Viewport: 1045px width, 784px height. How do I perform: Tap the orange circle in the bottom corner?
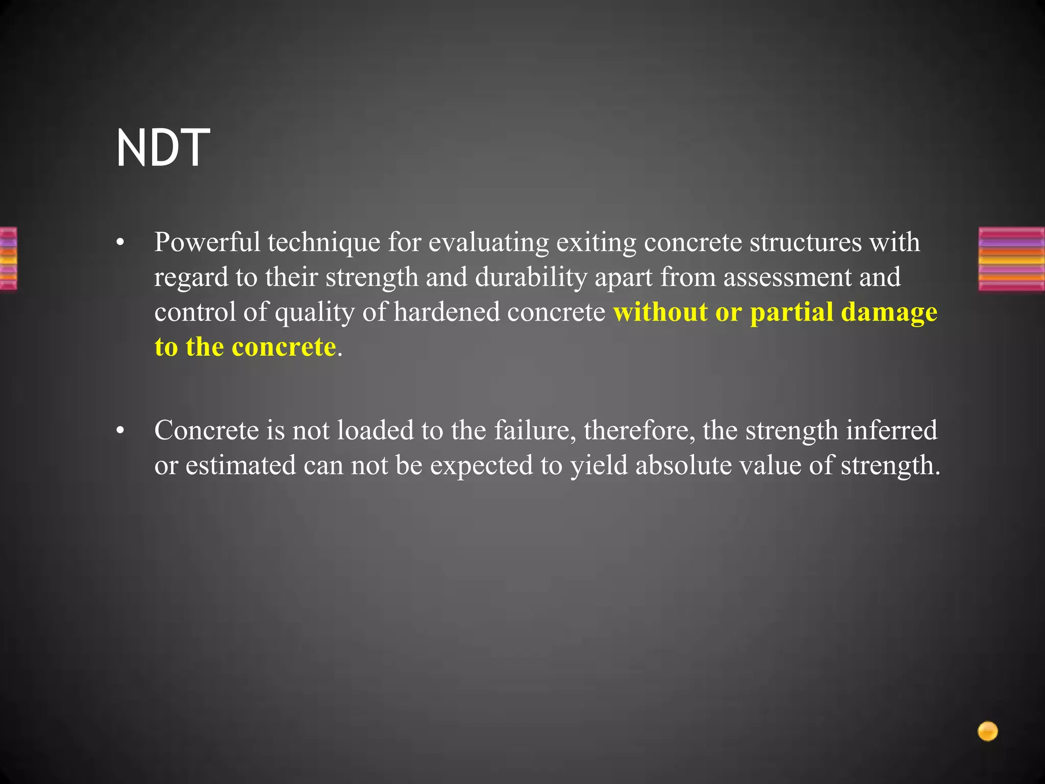click(x=987, y=731)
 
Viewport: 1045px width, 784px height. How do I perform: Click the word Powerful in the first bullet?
click(x=207, y=242)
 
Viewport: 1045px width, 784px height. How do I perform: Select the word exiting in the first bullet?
click(x=596, y=242)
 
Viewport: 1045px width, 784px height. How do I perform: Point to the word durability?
click(x=531, y=277)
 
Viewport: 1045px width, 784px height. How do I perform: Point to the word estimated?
click(x=240, y=465)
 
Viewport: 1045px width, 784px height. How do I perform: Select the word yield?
click(x=599, y=465)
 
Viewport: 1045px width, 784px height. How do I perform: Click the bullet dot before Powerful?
click(x=120, y=243)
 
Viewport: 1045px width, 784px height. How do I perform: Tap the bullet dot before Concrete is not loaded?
click(x=120, y=431)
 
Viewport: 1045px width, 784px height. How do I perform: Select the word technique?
click(x=324, y=242)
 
